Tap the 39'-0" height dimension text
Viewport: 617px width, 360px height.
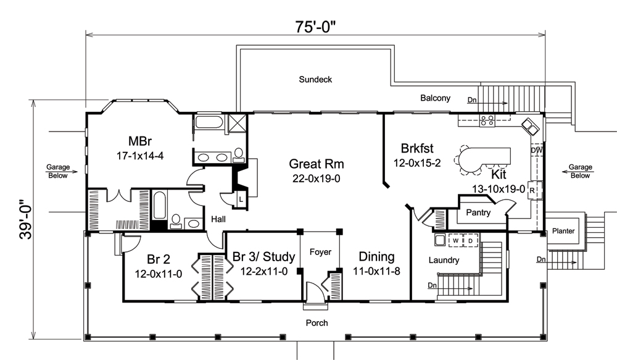point(24,220)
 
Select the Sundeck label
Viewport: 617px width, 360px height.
point(315,79)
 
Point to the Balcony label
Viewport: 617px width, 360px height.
point(435,98)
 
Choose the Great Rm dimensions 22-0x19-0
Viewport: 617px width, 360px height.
point(317,178)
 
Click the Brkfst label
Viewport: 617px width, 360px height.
point(417,148)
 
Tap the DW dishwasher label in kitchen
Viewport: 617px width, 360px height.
point(536,150)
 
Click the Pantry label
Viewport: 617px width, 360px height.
point(478,213)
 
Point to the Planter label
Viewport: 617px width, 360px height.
point(563,231)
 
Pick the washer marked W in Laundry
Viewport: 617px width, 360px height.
point(455,240)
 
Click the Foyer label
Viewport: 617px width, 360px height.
point(320,252)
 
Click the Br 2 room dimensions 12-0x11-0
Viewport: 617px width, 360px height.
point(153,274)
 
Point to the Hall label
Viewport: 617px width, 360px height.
point(218,219)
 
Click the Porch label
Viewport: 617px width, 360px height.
point(317,323)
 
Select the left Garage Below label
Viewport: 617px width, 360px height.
point(58,171)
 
